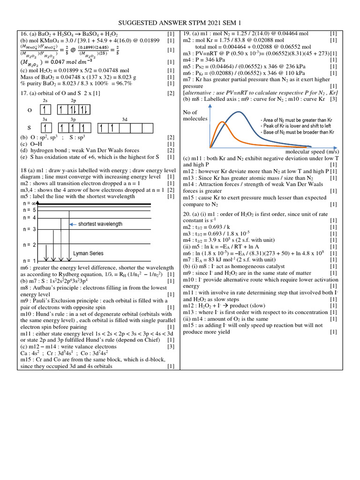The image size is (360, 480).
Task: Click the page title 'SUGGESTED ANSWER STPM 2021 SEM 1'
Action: (180, 22)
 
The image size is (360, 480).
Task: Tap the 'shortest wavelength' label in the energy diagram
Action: (100, 224)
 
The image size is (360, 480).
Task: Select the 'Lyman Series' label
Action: (88, 253)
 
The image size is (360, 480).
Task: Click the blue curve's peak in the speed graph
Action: (240, 112)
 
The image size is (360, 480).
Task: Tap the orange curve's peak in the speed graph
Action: (223, 123)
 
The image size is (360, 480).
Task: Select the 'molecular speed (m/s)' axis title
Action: (312, 152)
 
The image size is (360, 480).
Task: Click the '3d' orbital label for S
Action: (124, 120)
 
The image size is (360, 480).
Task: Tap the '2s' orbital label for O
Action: (45, 101)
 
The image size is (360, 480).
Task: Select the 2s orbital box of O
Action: (45, 110)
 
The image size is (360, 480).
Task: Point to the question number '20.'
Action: (187, 213)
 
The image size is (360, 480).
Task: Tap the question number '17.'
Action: (24, 93)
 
